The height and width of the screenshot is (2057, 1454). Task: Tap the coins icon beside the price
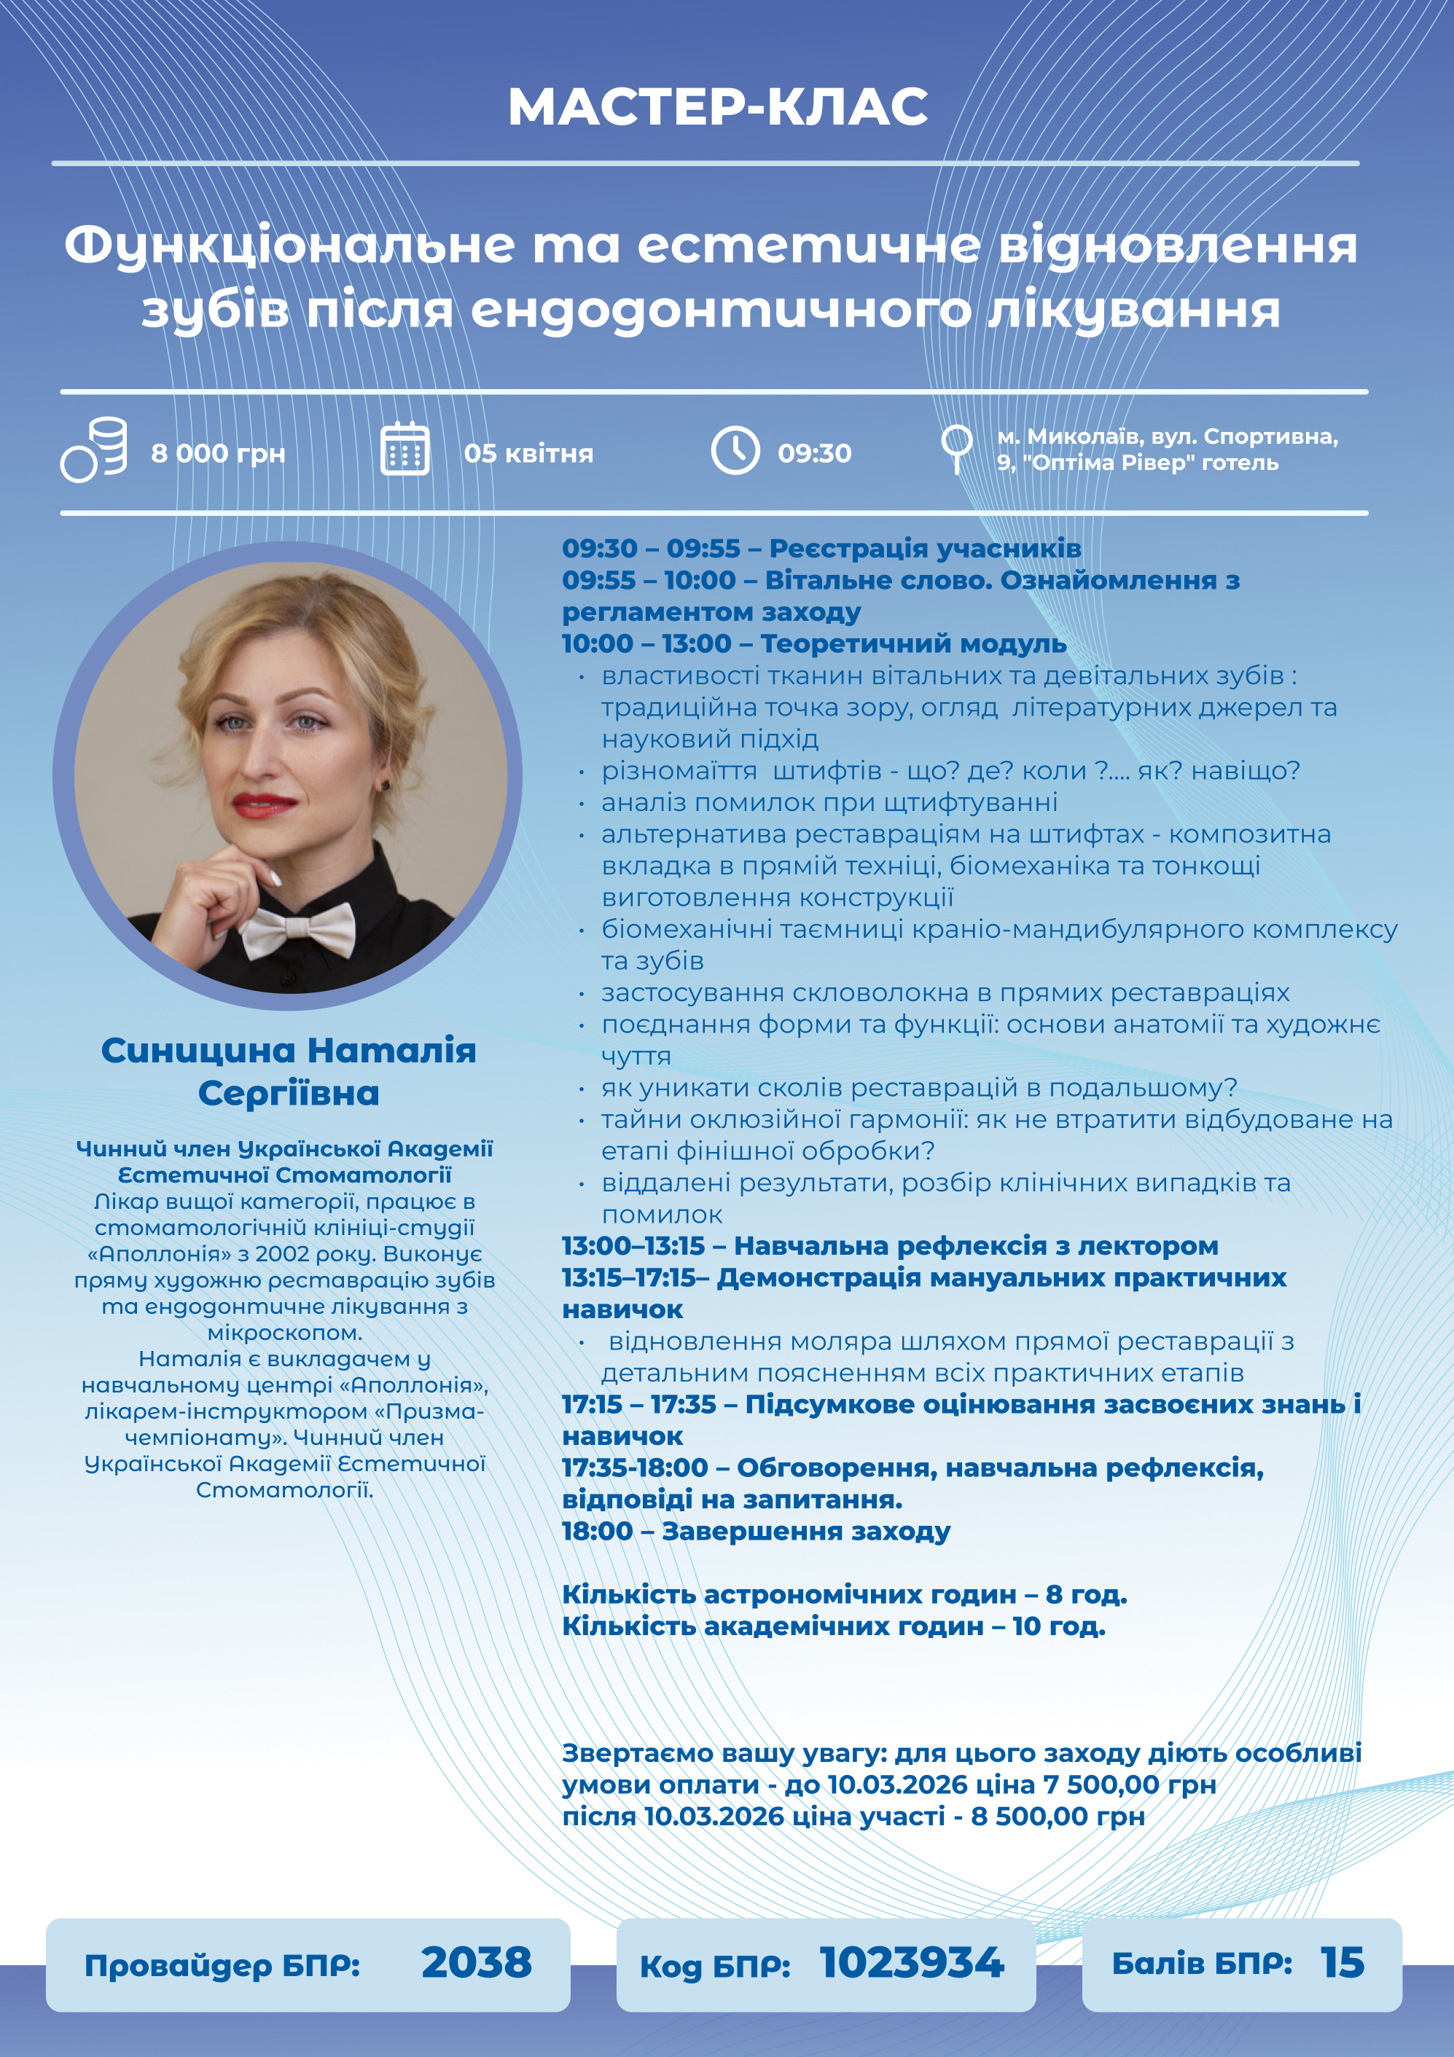95,450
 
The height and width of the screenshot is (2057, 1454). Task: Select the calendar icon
405,449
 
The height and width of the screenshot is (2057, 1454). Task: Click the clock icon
735,450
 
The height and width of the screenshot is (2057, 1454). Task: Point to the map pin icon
956,445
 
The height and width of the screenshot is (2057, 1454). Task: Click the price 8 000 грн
218,453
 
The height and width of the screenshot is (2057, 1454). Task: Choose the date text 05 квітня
528,453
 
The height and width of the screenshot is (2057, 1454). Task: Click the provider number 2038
476,1963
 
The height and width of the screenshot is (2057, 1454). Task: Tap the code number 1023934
911,1963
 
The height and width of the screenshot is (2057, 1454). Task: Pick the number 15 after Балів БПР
1342,1963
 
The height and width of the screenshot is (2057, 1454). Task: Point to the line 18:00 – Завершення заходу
755,1531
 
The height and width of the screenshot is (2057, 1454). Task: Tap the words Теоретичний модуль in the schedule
913,643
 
